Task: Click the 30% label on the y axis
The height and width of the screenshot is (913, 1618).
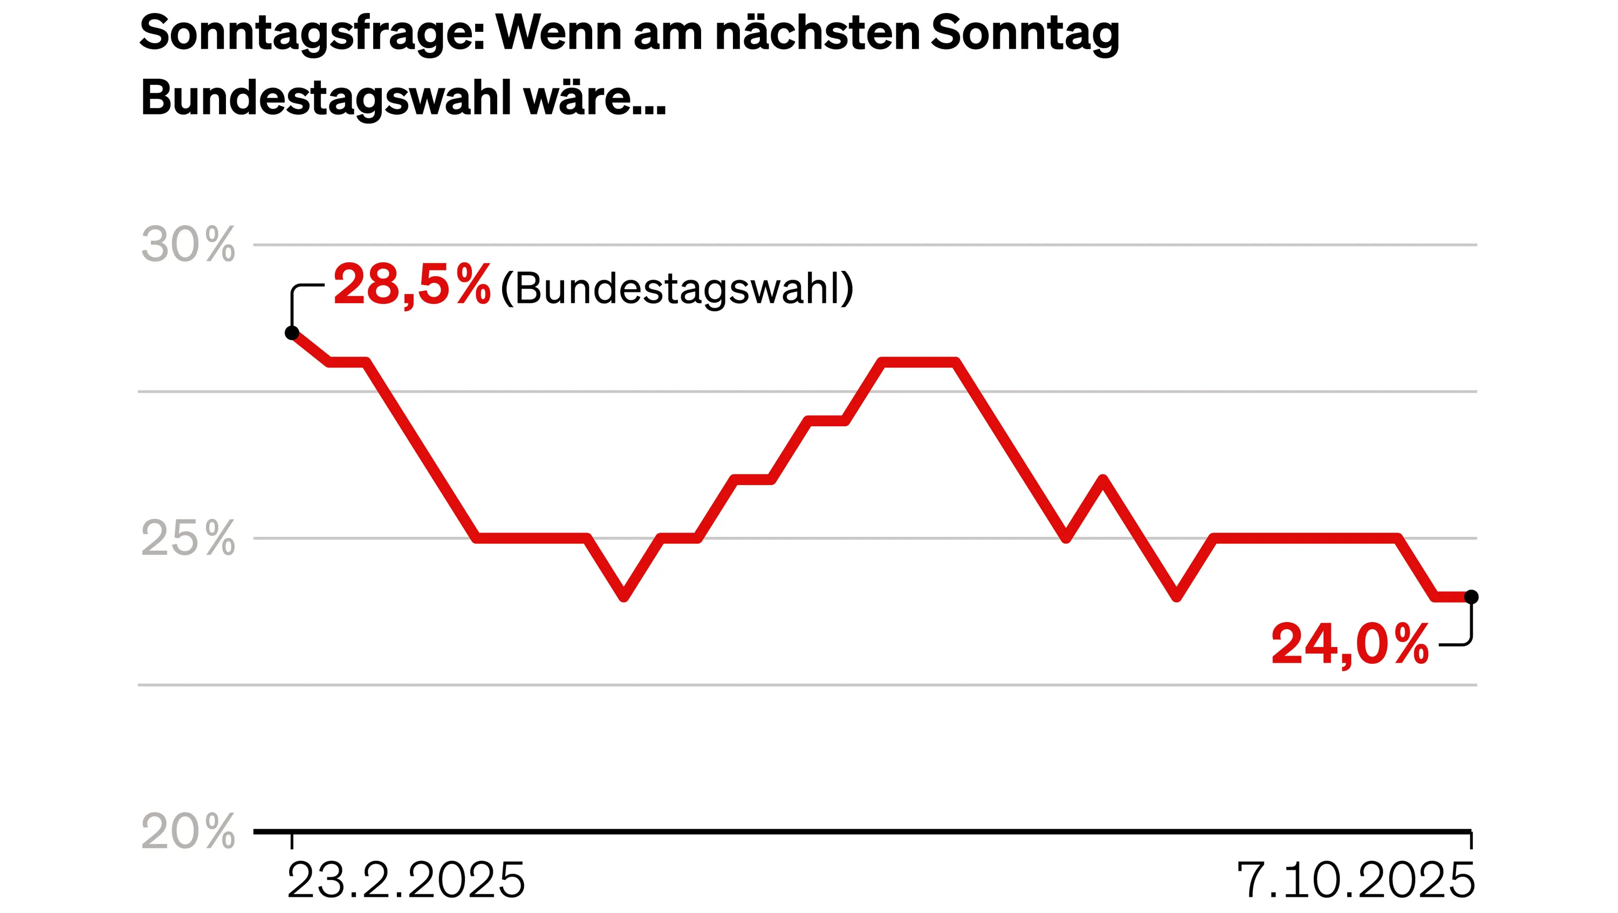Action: (188, 245)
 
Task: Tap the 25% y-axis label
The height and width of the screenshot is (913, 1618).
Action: (188, 539)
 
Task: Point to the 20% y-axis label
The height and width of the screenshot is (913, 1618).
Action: (188, 832)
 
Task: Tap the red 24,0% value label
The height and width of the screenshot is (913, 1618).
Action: (1350, 645)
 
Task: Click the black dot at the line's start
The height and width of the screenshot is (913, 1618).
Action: (292, 333)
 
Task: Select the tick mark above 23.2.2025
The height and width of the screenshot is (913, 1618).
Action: (292, 841)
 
